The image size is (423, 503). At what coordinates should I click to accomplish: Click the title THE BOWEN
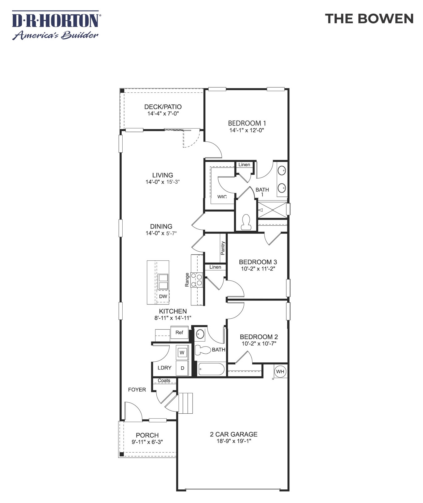(x=369, y=19)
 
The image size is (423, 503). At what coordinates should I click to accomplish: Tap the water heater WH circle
(x=280, y=372)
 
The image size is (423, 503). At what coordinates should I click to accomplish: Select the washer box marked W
(x=182, y=352)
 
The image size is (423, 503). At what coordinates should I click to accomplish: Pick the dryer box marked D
(x=182, y=368)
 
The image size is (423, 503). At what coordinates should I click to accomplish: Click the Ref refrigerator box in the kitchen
(x=179, y=333)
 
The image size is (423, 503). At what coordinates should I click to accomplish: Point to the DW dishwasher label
(x=163, y=296)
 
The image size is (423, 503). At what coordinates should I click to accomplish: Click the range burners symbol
(x=197, y=279)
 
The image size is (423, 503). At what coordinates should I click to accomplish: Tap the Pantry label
(x=223, y=248)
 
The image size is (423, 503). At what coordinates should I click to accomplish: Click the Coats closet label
(x=164, y=381)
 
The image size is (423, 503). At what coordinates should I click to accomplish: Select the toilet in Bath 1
(x=246, y=222)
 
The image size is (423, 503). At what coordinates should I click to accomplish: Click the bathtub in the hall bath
(x=211, y=369)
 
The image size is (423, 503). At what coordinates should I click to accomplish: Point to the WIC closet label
(x=222, y=197)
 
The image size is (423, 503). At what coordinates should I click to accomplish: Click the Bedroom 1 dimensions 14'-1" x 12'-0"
(x=246, y=130)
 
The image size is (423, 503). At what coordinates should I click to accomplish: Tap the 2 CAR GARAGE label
(x=234, y=434)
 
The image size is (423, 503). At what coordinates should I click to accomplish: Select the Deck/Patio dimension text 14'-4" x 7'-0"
(x=163, y=114)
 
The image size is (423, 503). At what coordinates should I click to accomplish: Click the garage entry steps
(x=186, y=403)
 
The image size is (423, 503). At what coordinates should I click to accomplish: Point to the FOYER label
(x=137, y=390)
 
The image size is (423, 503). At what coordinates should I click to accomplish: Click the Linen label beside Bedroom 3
(x=215, y=267)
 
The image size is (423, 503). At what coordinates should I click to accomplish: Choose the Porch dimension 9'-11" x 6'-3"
(x=147, y=442)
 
